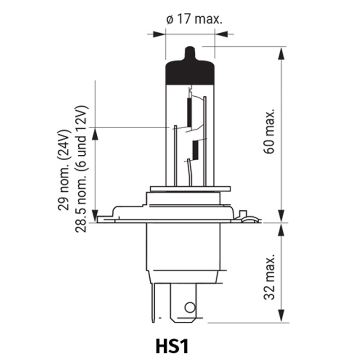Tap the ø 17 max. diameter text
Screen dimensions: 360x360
(x=194, y=19)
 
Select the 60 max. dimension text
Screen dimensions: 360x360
(x=269, y=131)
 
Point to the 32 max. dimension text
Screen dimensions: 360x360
(x=269, y=277)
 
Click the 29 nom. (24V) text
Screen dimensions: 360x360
(x=63, y=170)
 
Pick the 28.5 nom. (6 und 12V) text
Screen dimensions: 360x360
(x=81, y=169)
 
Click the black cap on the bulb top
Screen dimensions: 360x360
(x=190, y=72)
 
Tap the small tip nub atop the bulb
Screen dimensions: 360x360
(x=190, y=53)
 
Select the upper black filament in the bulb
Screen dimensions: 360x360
(x=189, y=113)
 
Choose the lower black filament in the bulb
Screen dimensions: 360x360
(x=195, y=150)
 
